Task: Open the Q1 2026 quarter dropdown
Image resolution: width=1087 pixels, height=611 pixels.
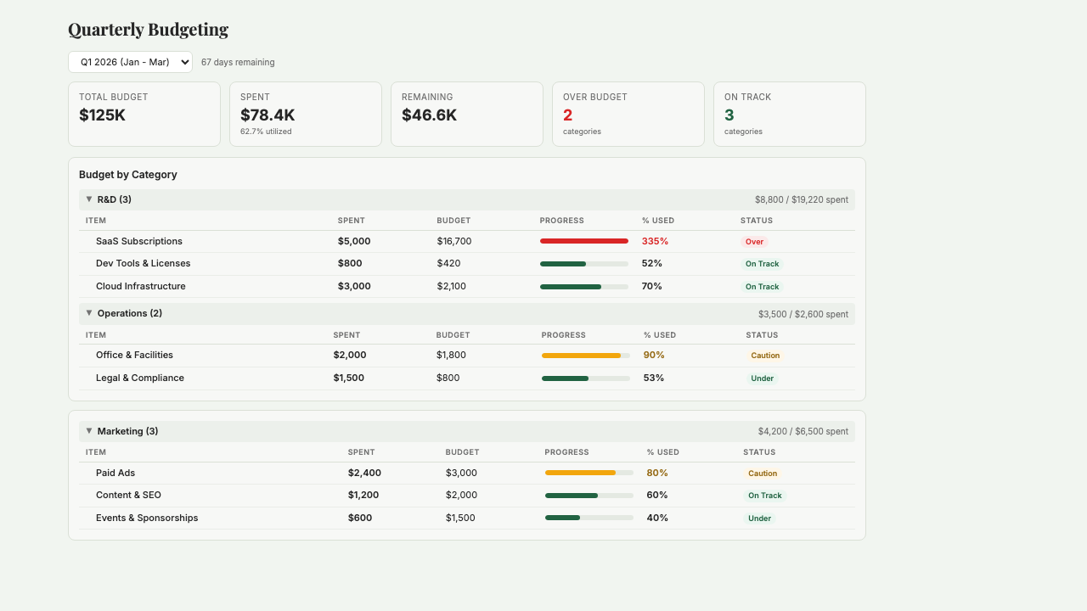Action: [130, 62]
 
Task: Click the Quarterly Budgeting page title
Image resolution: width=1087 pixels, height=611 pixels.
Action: [148, 30]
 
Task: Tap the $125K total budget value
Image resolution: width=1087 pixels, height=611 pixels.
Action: [102, 115]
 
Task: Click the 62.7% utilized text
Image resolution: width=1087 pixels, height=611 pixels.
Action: [266, 132]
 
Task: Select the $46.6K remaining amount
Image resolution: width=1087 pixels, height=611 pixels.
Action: [429, 115]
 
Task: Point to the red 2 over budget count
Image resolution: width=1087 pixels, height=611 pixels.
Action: [567, 115]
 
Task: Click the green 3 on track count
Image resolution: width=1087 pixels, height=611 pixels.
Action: [729, 115]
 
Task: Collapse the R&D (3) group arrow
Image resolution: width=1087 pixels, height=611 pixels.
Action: [89, 199]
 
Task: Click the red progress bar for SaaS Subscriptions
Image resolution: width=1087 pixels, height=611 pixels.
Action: [583, 241]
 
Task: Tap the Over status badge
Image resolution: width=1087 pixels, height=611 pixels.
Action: [754, 242]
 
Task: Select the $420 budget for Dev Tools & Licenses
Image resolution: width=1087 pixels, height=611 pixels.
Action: [448, 263]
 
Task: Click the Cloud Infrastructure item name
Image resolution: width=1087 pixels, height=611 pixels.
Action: [140, 286]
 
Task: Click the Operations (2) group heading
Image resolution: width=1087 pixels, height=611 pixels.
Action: [129, 313]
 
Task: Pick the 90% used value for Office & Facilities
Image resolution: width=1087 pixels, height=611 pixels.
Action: [654, 355]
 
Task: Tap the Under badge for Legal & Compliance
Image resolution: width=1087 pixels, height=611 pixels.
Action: [762, 378]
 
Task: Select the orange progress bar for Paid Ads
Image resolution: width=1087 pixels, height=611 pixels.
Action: [580, 473]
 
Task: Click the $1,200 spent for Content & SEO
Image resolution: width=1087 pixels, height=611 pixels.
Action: [363, 495]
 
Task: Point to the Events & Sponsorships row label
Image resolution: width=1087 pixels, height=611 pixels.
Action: [147, 518]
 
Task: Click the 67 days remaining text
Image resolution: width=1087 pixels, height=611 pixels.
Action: [238, 62]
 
